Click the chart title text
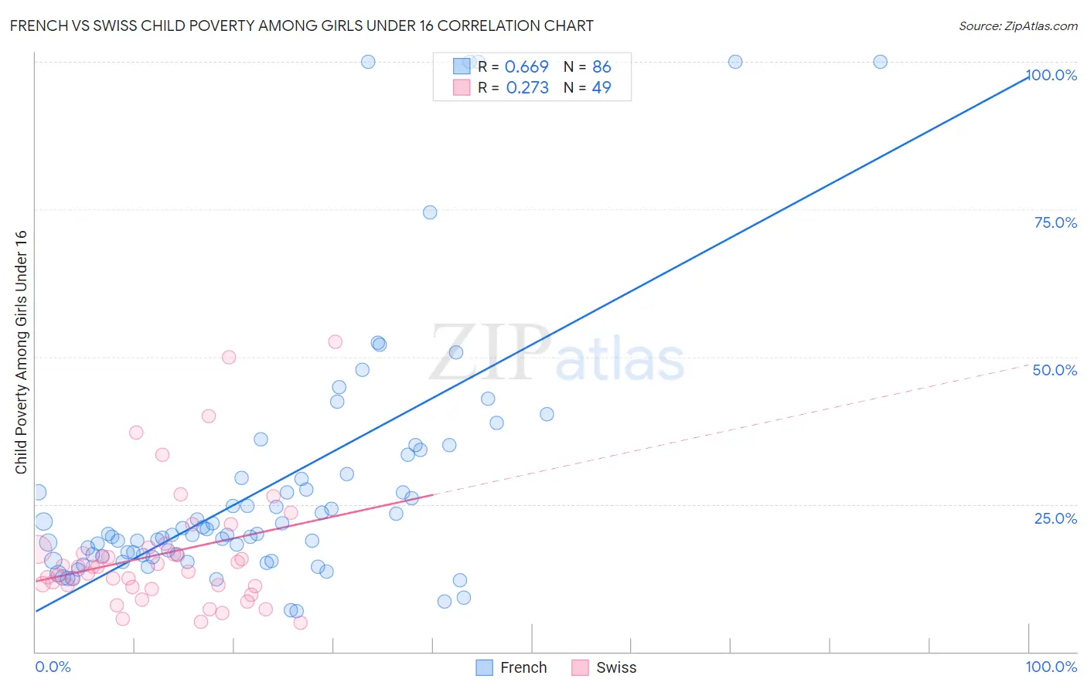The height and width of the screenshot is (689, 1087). pos(302,25)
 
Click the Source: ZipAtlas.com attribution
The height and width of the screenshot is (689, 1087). pos(1017,25)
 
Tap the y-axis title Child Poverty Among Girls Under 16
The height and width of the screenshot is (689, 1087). pos(21,352)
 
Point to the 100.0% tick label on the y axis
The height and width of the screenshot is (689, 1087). pos(1051,75)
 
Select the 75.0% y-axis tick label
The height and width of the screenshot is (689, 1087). pos(1055,222)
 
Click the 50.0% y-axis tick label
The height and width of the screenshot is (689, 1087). pos(1055,370)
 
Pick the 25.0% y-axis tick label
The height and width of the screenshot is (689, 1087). pos(1055,518)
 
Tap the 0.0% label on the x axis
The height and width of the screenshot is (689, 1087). pos(53,667)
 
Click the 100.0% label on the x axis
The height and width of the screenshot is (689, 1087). pos(1051,667)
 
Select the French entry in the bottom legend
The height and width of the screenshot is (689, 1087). pos(511,667)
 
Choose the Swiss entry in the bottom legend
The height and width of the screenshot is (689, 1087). pos(605,667)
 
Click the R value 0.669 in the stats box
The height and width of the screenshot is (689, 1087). pos(526,66)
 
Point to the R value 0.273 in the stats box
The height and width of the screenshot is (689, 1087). pos(526,87)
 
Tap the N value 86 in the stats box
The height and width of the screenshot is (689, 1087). pos(601,66)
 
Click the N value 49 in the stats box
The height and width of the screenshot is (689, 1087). pos(601,87)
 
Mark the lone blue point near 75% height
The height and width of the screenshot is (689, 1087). pos(430,212)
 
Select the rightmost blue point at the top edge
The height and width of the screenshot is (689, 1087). pos(880,62)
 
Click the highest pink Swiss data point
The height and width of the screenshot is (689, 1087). pos(335,341)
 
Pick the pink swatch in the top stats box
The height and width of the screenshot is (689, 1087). pos(462,87)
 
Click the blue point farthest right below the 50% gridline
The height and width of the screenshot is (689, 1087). pos(547,414)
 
